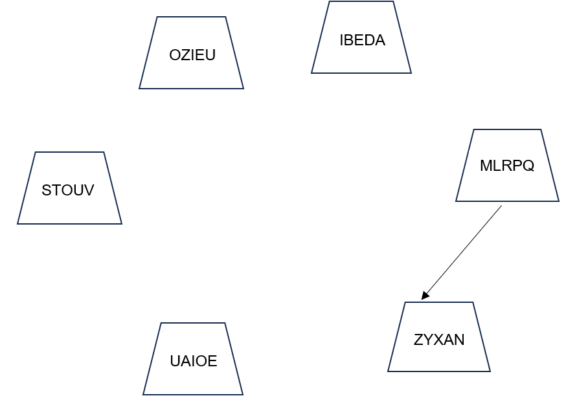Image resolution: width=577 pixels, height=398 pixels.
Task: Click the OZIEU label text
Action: (192, 55)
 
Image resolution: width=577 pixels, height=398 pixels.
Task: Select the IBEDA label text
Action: (362, 40)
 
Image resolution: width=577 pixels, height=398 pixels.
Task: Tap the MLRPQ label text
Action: (506, 166)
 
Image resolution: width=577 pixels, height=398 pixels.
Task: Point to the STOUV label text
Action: (67, 190)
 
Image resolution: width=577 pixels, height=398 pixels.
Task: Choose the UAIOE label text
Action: (193, 361)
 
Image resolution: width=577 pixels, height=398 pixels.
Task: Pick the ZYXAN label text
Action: (439, 340)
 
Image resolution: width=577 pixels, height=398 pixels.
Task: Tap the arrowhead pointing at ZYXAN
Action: (425, 296)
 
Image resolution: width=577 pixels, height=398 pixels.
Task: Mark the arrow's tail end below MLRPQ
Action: (501, 206)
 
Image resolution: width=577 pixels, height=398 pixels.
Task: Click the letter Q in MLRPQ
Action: (528, 166)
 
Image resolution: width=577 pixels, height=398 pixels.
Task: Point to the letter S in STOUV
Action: (46, 190)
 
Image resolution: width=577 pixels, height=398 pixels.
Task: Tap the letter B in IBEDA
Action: (348, 40)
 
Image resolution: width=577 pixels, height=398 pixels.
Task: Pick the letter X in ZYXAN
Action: (438, 340)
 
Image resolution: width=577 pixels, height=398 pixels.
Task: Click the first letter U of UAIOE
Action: (174, 361)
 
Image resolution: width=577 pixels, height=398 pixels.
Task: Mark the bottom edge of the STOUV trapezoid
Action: (69, 224)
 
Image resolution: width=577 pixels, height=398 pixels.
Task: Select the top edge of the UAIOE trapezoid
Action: (192, 323)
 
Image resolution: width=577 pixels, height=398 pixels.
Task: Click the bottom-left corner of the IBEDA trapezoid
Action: (311, 73)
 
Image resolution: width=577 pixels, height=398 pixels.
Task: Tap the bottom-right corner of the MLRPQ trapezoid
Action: (559, 201)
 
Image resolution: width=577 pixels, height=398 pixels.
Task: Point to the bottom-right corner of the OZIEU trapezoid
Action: (243, 89)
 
